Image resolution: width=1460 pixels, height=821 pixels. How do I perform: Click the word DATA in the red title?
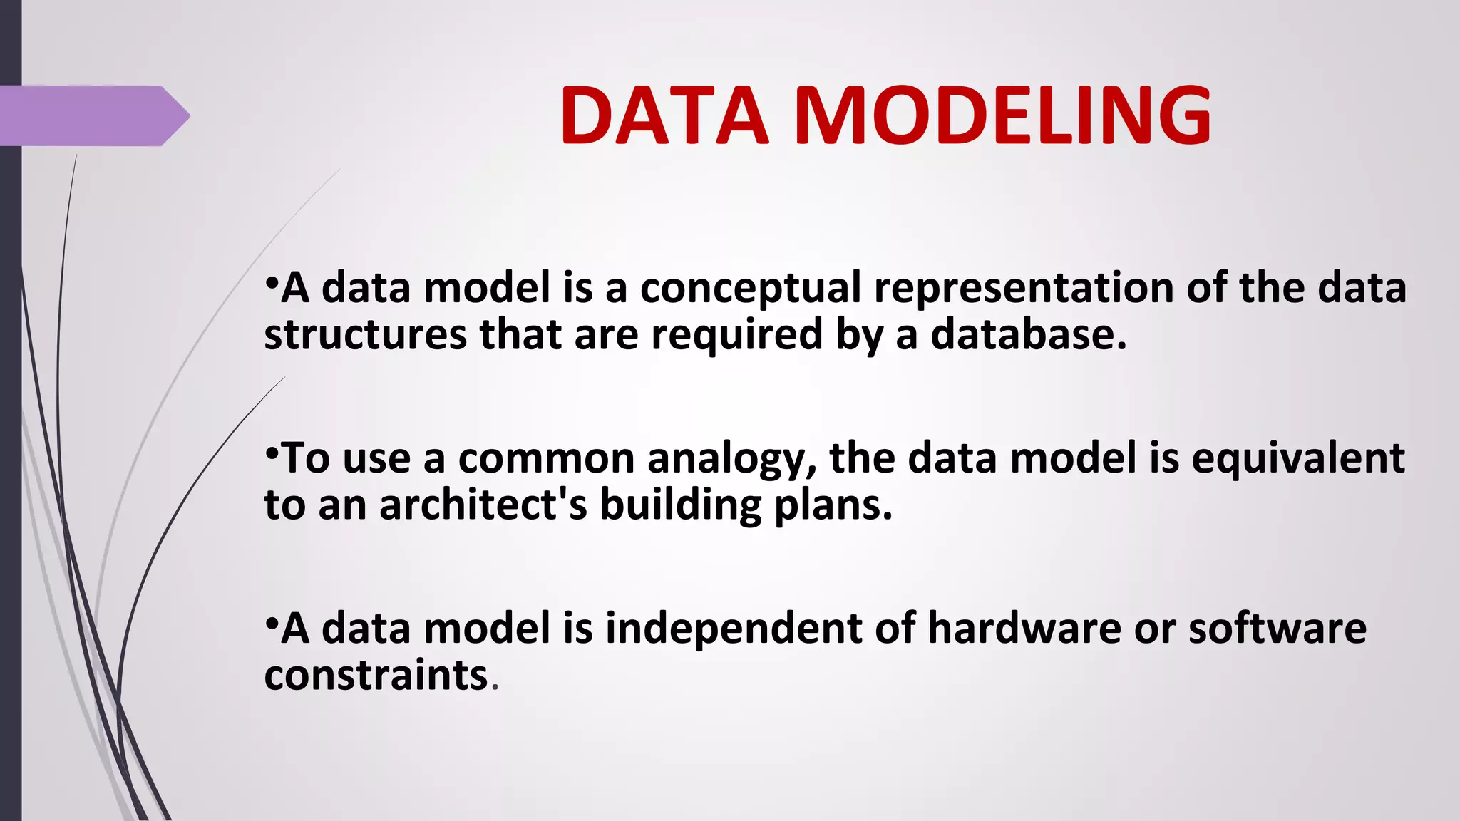coord(664,115)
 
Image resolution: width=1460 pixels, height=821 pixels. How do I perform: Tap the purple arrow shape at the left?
coord(93,115)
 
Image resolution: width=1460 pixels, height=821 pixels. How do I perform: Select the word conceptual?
coord(751,289)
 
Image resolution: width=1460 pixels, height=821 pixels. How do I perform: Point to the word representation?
coord(1024,289)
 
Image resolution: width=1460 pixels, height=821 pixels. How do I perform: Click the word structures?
coord(365,335)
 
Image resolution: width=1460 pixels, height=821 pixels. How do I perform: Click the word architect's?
coord(483,505)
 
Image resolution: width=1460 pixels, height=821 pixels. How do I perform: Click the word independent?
coord(734,629)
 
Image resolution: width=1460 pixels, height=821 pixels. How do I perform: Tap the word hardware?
coord(1024,629)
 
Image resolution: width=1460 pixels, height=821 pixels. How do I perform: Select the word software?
coord(1277,629)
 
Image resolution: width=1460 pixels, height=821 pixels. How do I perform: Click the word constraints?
coord(376,675)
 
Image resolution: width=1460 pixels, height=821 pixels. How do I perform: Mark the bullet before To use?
coord(271,452)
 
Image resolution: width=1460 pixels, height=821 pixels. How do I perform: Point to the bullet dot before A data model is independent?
coord(271,622)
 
